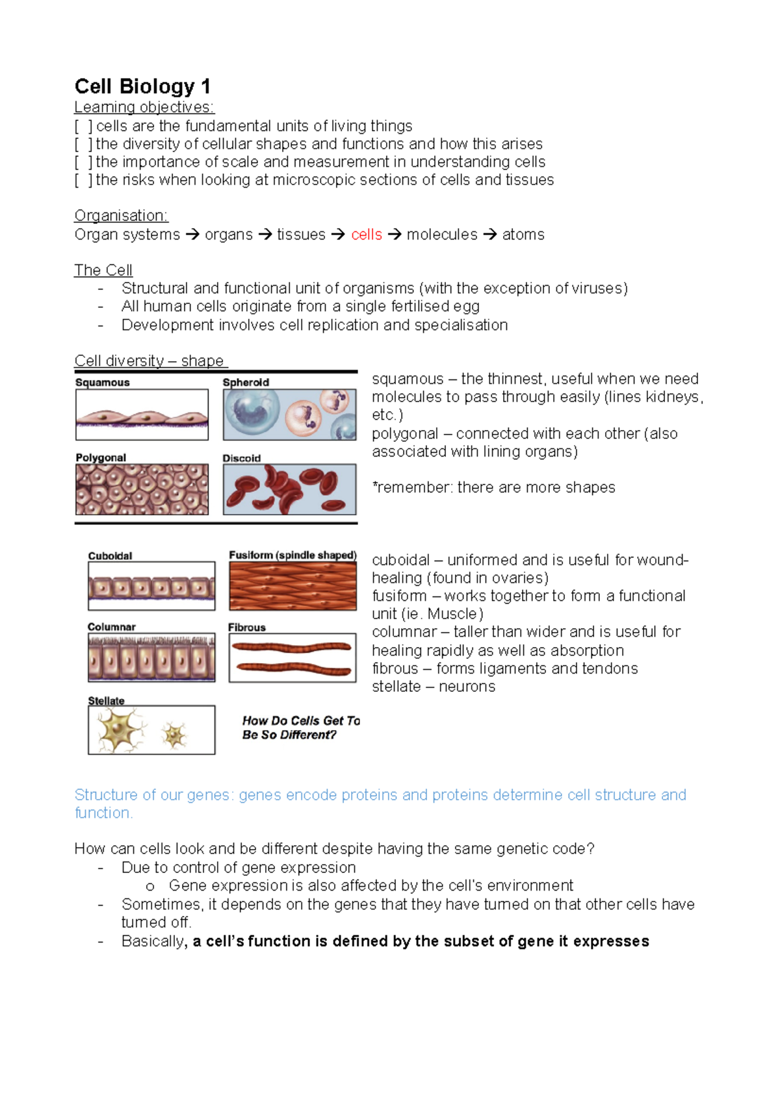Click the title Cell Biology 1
[142, 86]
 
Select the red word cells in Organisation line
[367, 235]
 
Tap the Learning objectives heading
[144, 107]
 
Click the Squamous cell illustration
[142, 415]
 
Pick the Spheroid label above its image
[246, 383]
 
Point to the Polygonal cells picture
[142, 489]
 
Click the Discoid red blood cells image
[289, 489]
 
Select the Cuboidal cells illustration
[151, 586]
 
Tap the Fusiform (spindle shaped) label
[292, 555]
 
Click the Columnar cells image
[151, 657]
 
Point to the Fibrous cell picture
[292, 657]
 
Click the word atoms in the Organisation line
[523, 235]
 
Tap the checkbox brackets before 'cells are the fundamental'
[83, 126]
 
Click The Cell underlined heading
[103, 270]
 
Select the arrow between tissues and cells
[338, 235]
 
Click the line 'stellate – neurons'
[433, 687]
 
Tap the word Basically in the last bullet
[153, 941]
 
